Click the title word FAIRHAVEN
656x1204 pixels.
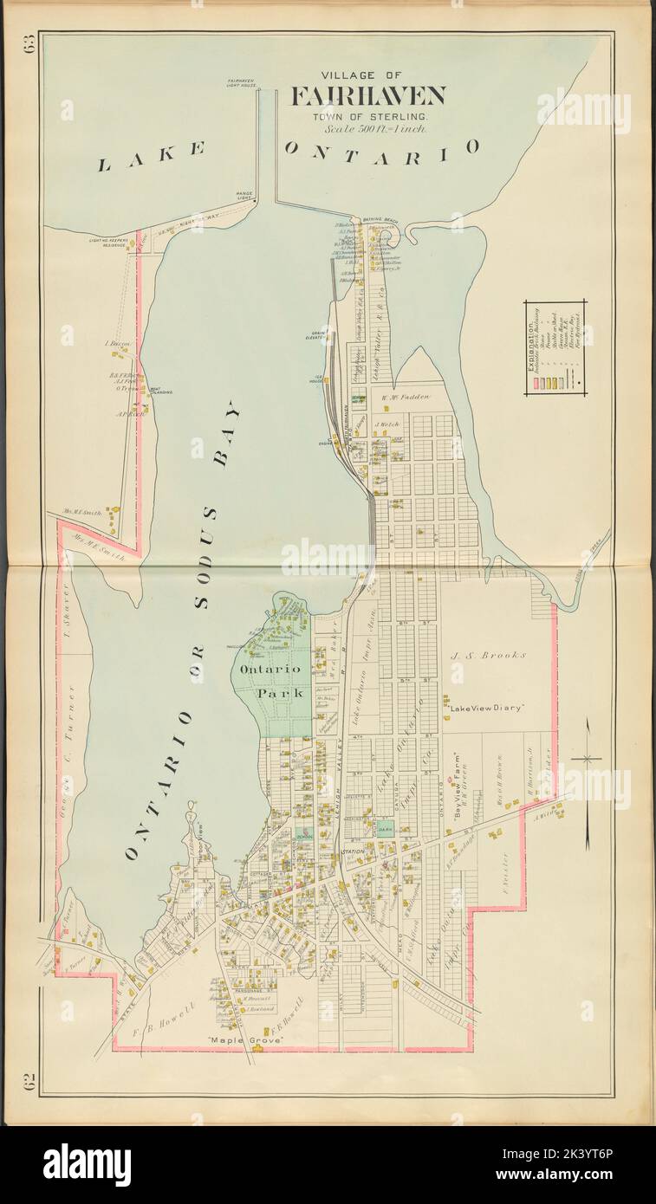click(x=368, y=96)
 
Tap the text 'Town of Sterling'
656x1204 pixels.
click(x=368, y=116)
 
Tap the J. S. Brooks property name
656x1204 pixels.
click(x=488, y=656)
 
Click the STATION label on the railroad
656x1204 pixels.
click(x=353, y=851)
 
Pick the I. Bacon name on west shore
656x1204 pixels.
click(x=117, y=344)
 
